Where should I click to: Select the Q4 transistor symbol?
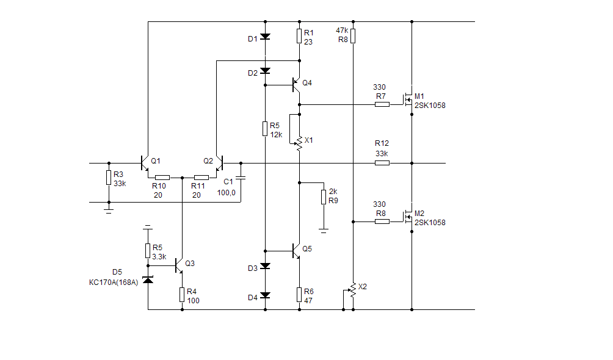[x=297, y=84]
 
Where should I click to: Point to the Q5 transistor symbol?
[x=297, y=250]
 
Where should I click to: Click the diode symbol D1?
[x=265, y=37]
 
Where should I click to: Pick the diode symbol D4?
[x=265, y=295]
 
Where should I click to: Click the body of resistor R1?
[x=299, y=37]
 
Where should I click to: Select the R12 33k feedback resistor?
[x=382, y=163]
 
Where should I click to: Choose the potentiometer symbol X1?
[x=299, y=143]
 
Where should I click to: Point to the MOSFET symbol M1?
[x=406, y=98]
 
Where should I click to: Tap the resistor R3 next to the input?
[x=109, y=178]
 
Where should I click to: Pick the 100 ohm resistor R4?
[x=182, y=295]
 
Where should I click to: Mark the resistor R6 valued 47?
[x=299, y=295]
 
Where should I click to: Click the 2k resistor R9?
[x=324, y=196]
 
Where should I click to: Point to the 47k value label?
[x=342, y=30]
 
